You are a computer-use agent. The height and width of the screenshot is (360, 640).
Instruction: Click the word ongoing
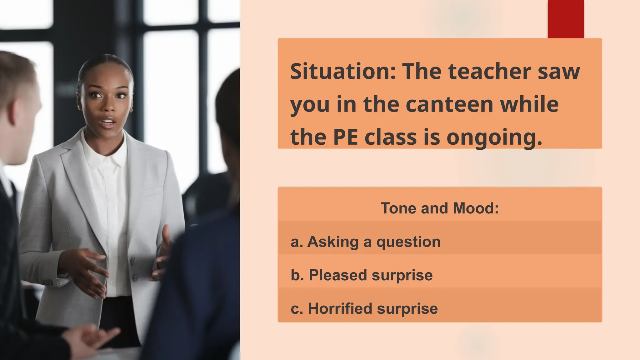(494, 138)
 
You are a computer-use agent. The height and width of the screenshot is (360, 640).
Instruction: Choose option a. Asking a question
(365, 242)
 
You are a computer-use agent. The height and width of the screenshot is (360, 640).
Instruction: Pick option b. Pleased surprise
(362, 275)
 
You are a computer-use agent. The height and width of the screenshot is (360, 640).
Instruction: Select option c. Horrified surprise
(364, 308)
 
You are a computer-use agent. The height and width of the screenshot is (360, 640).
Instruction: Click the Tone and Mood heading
(439, 208)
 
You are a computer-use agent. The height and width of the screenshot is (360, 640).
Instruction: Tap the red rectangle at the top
(566, 19)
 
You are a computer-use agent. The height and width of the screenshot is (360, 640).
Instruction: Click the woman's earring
(131, 110)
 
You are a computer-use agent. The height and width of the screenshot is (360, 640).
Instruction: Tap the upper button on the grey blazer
(132, 260)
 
